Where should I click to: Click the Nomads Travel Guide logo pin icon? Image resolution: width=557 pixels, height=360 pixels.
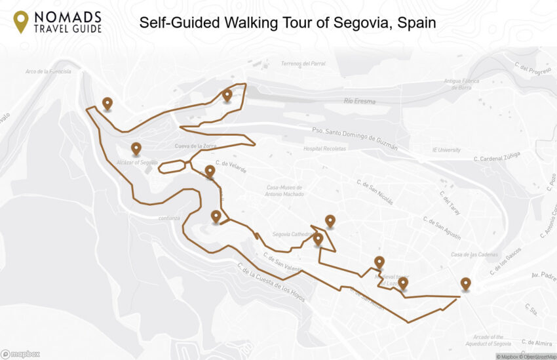point(21,22)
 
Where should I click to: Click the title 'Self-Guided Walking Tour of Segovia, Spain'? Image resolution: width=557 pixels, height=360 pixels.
point(288,23)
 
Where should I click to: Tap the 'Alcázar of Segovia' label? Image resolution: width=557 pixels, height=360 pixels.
point(136,162)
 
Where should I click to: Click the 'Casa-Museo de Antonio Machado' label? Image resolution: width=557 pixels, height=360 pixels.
point(283,190)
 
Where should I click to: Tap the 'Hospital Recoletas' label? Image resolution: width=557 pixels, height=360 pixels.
point(326,149)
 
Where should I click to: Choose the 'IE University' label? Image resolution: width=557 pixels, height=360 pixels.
point(446,150)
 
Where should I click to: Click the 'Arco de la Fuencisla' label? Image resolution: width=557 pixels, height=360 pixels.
point(48,71)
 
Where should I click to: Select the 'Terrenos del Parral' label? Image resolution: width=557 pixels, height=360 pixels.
point(303,64)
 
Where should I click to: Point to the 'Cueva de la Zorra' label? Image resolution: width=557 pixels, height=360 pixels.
point(195,146)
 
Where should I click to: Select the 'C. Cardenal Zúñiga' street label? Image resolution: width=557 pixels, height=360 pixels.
point(497,156)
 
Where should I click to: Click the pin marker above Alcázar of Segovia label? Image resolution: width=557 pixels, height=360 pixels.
point(136,149)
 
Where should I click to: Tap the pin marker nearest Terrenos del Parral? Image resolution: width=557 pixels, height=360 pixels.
point(227,95)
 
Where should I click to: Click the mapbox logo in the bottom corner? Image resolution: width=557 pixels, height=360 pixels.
point(20,354)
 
